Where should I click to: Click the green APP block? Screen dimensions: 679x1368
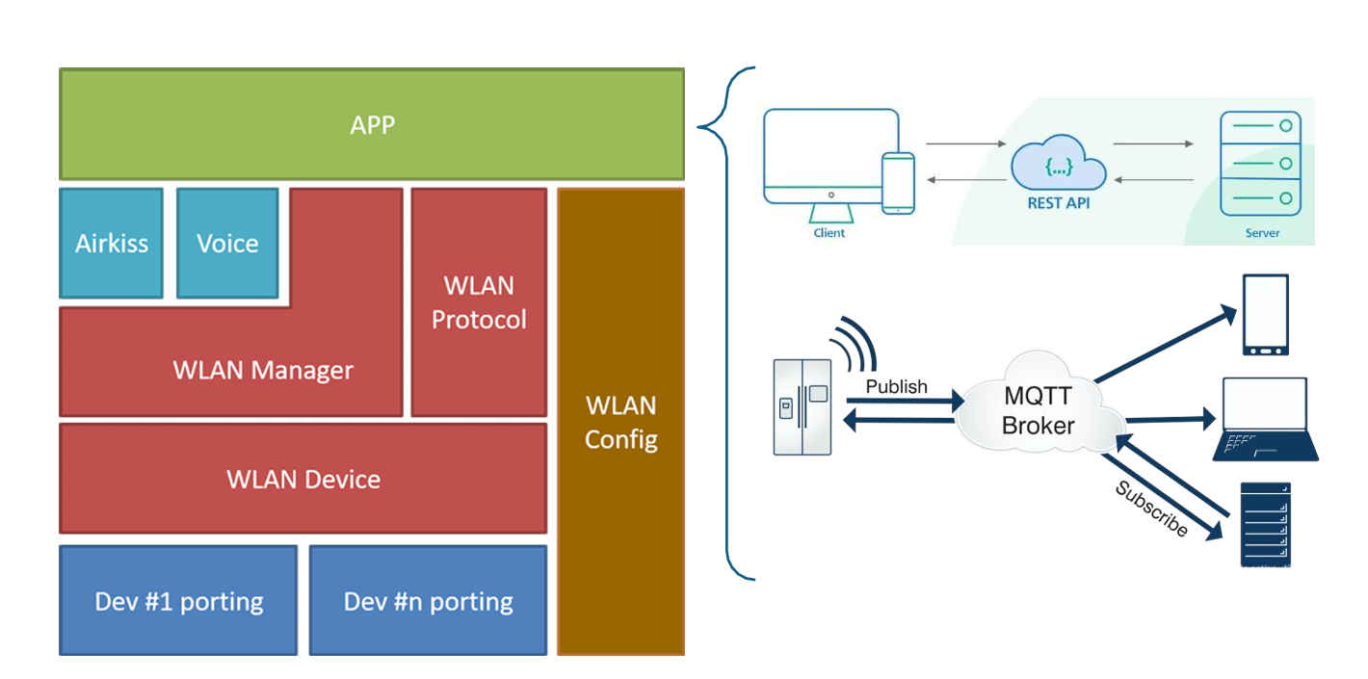(372, 124)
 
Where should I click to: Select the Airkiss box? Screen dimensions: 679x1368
(112, 243)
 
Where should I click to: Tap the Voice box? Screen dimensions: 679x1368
(227, 243)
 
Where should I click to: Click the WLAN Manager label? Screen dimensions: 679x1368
(263, 370)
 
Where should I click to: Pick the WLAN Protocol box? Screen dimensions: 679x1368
(479, 302)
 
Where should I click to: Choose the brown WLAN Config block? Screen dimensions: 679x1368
(621, 422)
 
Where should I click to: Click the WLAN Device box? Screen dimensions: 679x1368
(303, 479)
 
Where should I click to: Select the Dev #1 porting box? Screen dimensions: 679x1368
(179, 602)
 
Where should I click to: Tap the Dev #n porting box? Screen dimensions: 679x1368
(429, 602)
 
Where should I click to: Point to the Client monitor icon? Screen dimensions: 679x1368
(820, 159)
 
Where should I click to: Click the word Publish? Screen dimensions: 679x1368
(896, 387)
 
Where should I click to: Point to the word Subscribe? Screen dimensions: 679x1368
(1151, 509)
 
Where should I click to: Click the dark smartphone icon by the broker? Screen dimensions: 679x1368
(1265, 315)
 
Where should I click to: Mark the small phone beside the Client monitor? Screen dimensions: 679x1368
(899, 183)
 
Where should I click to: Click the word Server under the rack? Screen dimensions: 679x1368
(1262, 233)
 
